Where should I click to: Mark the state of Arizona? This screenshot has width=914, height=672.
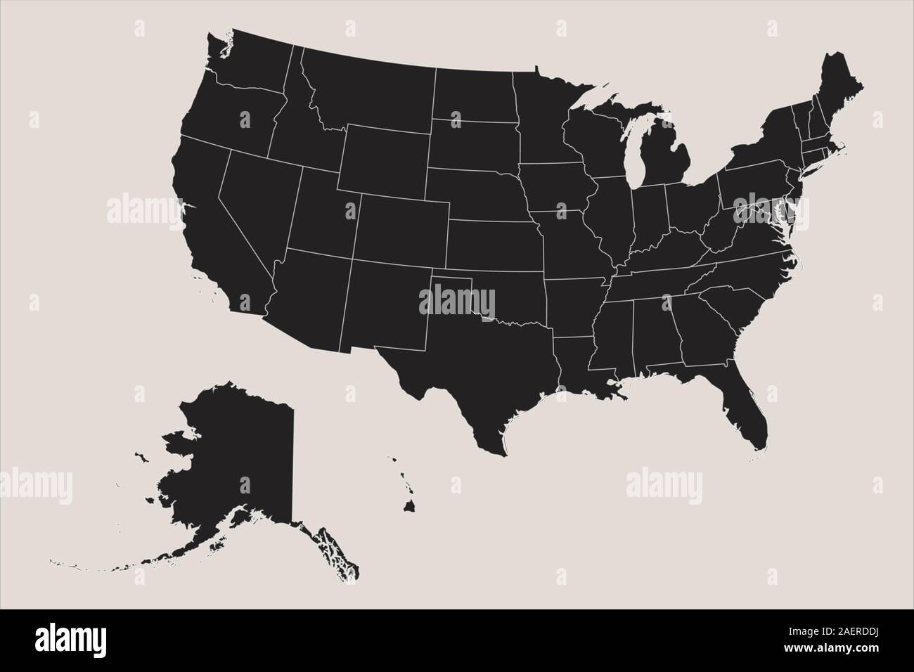[309, 295]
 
